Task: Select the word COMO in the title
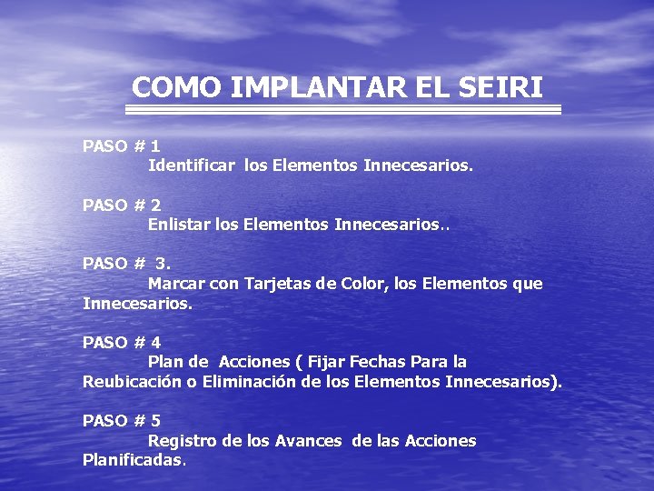[176, 87]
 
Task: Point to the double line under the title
[342, 109]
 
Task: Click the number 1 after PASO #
[156, 145]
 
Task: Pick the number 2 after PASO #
[156, 205]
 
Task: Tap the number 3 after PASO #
[163, 264]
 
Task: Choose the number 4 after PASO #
[156, 343]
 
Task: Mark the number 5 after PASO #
[156, 420]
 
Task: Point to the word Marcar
[177, 284]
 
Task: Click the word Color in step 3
[362, 284]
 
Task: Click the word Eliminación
[249, 382]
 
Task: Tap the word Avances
[308, 440]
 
